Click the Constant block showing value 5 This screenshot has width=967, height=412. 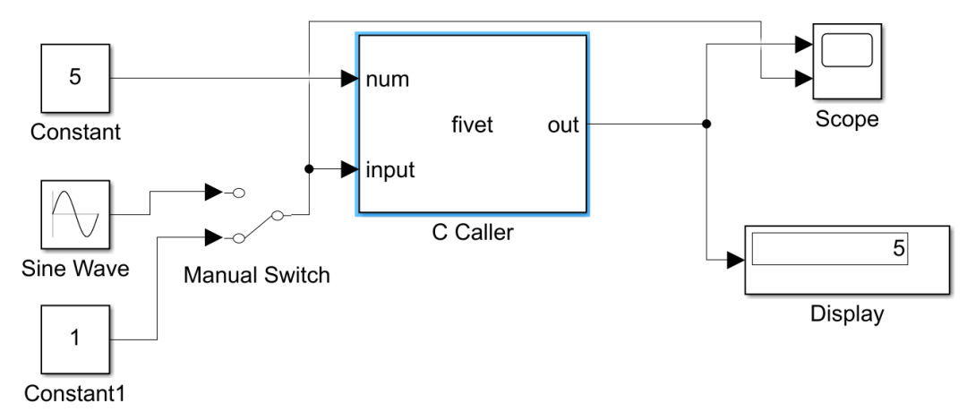tap(75, 78)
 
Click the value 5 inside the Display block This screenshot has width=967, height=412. tap(898, 250)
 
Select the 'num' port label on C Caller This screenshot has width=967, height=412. tap(388, 80)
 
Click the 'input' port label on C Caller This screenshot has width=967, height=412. tap(390, 169)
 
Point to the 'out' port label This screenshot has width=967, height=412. tap(563, 125)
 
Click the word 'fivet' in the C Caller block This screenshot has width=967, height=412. tap(472, 125)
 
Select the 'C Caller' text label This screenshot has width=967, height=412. tap(472, 235)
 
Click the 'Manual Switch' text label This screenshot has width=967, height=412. tap(256, 274)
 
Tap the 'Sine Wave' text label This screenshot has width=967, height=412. tap(75, 267)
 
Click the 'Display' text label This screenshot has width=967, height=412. tap(846, 313)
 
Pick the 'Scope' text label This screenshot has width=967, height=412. tap(846, 119)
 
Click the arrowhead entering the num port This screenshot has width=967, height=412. tap(350, 79)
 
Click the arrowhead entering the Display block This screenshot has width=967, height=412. tap(734, 260)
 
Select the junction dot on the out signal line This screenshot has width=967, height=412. tap(706, 124)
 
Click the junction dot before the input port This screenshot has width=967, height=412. tap(309, 168)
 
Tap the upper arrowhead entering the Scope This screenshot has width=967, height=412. tap(803, 43)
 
